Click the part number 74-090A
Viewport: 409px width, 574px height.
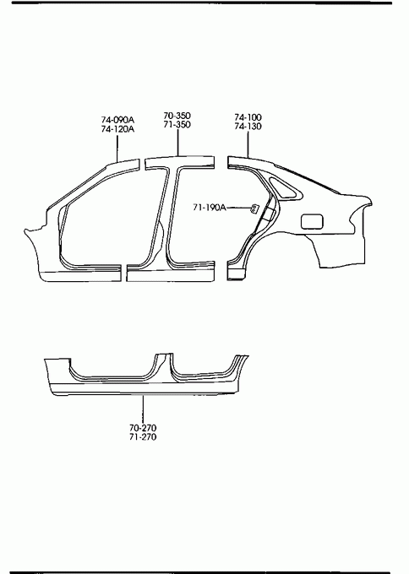[117, 120]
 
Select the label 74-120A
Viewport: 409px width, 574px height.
[117, 129]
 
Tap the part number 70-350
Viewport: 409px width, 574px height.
[177, 116]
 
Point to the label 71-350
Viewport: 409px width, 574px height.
[177, 124]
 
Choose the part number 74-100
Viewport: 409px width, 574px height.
[248, 117]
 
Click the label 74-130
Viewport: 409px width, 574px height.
[248, 127]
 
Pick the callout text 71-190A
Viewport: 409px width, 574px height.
[210, 208]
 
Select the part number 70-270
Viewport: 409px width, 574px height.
[143, 428]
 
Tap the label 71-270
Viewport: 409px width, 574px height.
[143, 436]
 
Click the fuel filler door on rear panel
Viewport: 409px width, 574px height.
[313, 222]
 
